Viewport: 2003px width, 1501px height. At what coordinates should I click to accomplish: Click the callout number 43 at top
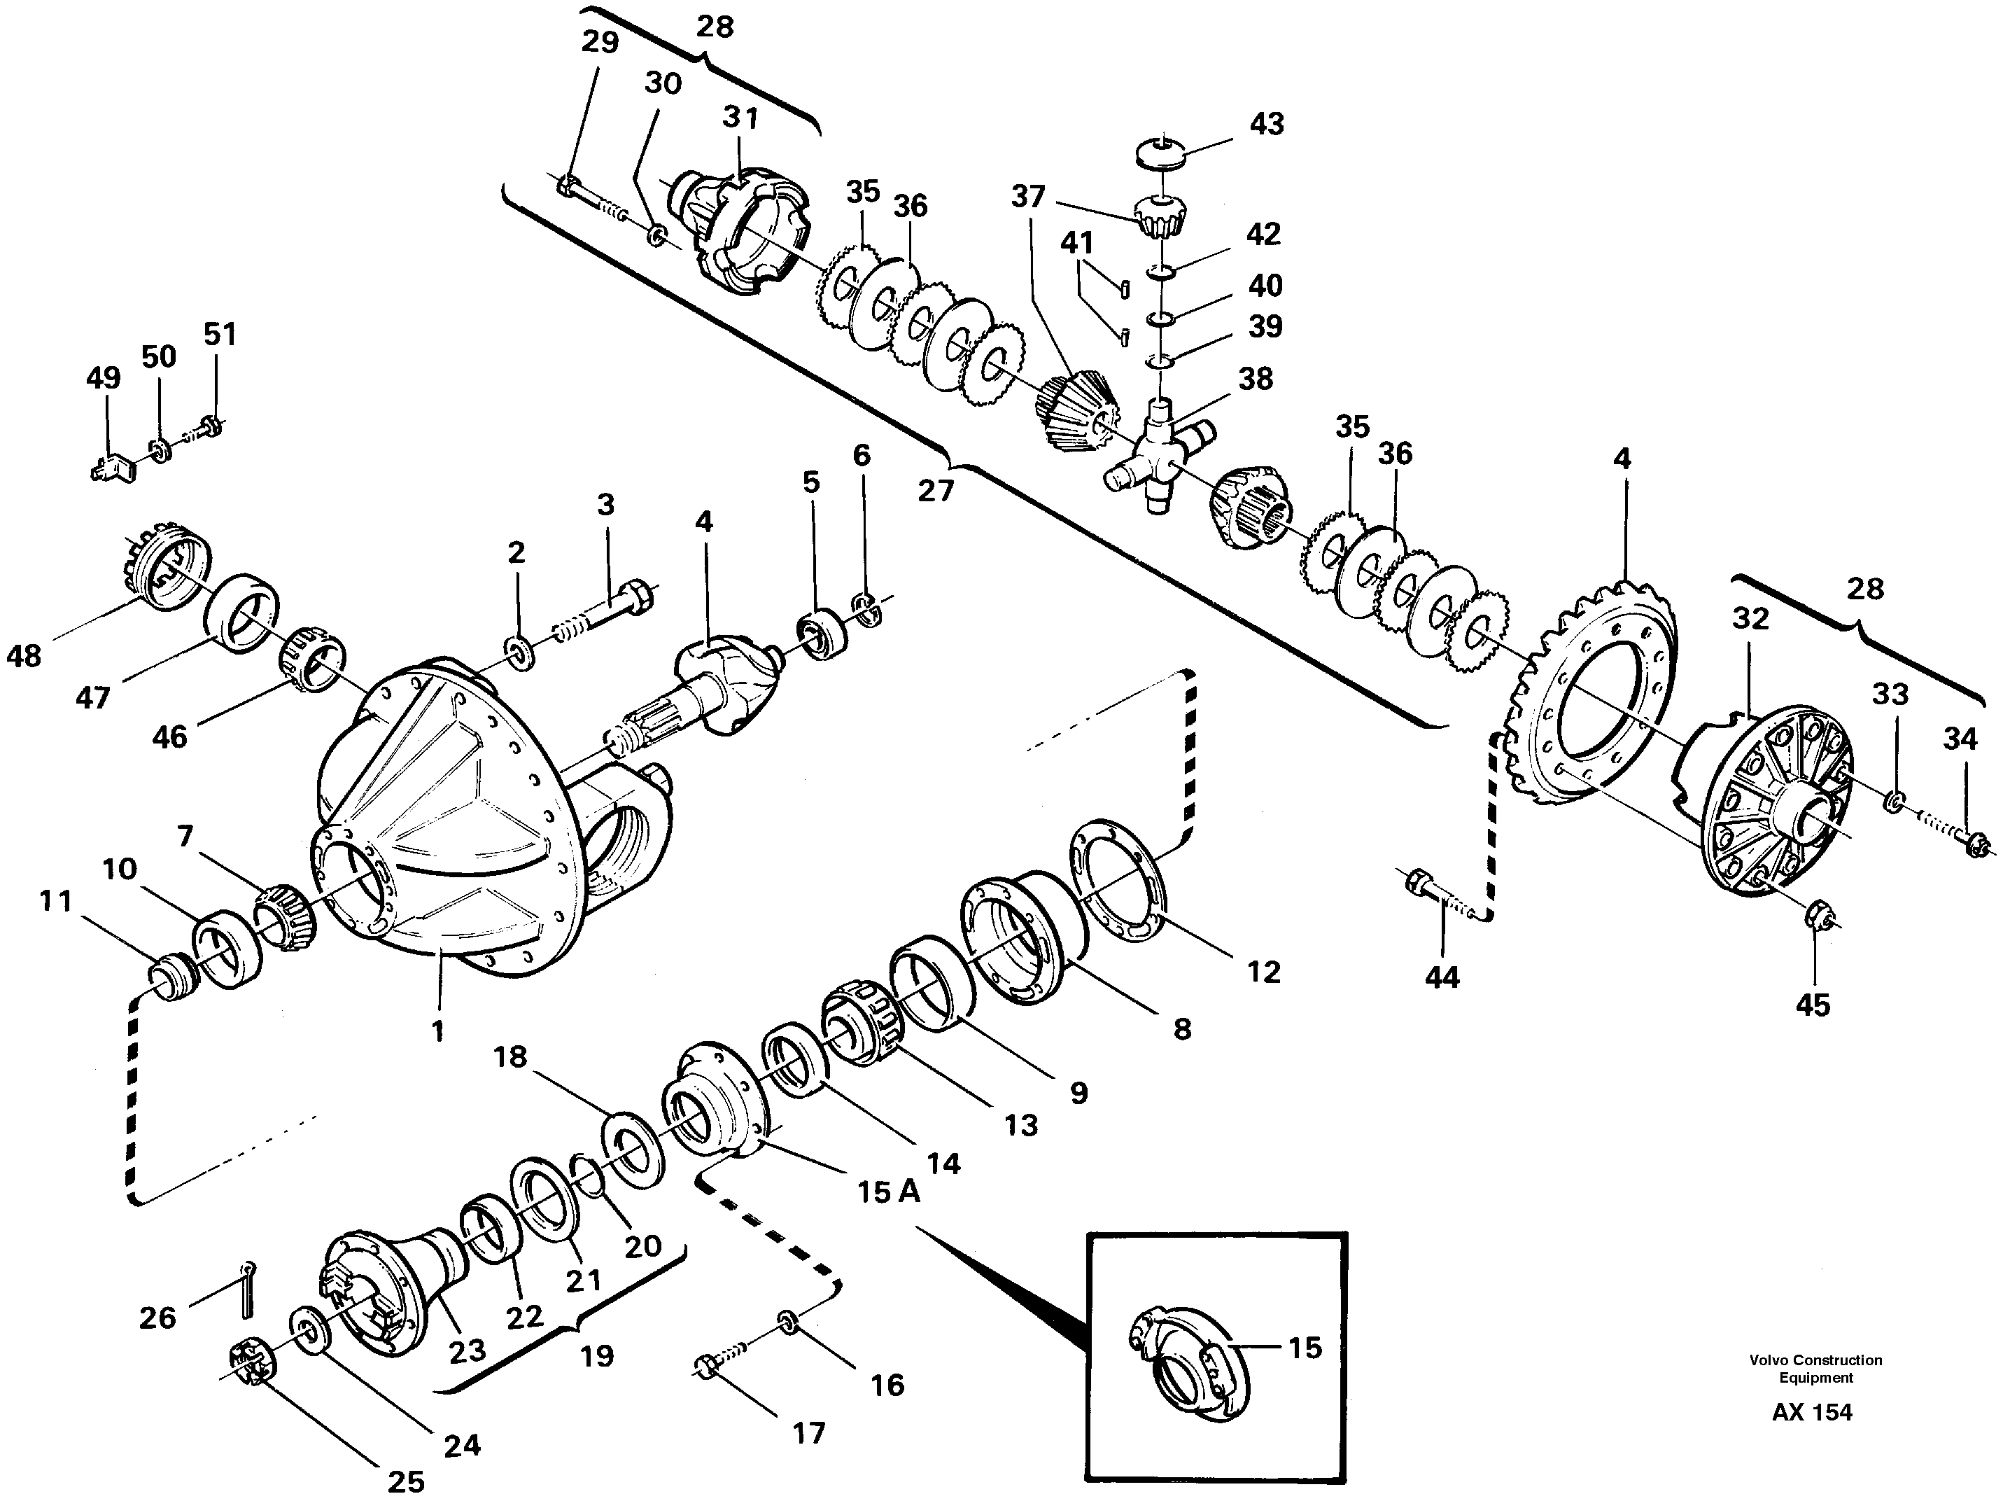[1266, 124]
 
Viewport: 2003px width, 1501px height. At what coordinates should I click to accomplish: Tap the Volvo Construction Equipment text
[1815, 1368]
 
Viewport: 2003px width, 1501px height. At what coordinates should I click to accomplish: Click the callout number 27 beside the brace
[936, 490]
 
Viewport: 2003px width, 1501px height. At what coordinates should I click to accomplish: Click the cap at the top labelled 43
[1162, 152]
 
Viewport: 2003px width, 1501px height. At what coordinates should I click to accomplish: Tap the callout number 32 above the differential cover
[1750, 619]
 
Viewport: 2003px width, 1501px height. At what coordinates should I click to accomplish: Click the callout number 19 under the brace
[597, 1356]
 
